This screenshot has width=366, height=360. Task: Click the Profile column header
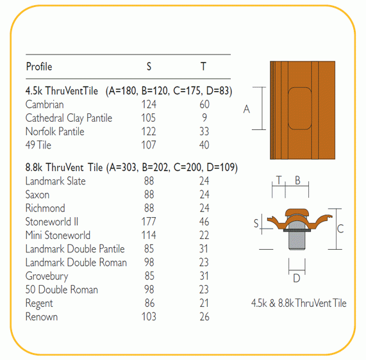point(39,67)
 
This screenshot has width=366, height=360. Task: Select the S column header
point(149,67)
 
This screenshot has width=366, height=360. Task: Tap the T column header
point(203,67)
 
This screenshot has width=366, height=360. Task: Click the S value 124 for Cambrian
point(149,104)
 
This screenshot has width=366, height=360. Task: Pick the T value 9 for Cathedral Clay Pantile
point(204,118)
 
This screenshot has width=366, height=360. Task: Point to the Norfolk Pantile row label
point(55,131)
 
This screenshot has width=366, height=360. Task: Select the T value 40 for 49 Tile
point(204,145)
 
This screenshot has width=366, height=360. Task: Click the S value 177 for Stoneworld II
point(149,222)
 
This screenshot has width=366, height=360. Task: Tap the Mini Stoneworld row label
point(58,235)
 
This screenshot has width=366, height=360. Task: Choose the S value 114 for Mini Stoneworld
point(149,235)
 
